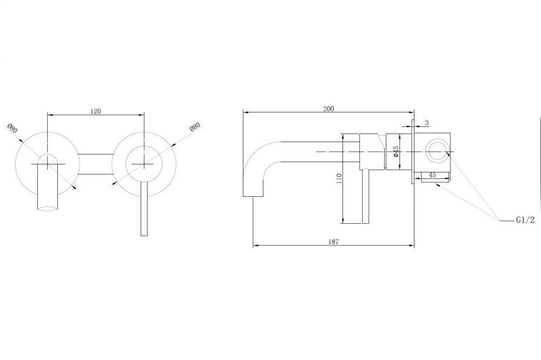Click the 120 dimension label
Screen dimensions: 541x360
(x=96, y=111)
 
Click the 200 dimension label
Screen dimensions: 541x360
(x=328, y=109)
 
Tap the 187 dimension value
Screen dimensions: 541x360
(x=333, y=242)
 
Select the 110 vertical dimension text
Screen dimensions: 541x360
(x=339, y=178)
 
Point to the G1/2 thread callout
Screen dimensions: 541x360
(x=525, y=219)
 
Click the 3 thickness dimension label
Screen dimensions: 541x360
(x=427, y=123)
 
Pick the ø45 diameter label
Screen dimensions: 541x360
(x=396, y=151)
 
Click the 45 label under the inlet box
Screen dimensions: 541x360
(x=432, y=175)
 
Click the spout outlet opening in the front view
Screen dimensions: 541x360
(x=47, y=208)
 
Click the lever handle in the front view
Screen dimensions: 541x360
(x=144, y=208)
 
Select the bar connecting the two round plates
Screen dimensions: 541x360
(x=96, y=164)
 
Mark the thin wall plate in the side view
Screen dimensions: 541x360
(x=413, y=152)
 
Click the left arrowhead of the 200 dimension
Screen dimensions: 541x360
(x=246, y=112)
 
